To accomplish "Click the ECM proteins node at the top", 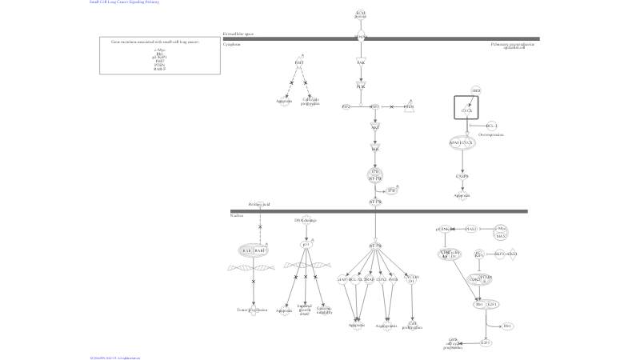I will click(361, 14).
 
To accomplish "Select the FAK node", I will click(361, 62).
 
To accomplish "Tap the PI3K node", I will click(361, 86).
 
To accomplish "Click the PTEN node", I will click(409, 106).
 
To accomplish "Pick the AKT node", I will click(374, 126).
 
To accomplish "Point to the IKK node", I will click(374, 148).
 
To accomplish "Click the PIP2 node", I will click(346, 106).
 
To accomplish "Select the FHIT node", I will click(299, 62).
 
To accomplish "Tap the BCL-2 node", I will click(491, 126).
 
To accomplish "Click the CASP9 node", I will click(462, 176).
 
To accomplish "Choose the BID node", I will click(476, 91).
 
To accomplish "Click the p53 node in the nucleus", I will click(305, 244).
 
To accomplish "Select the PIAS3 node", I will click(471, 229).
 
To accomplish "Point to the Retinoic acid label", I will click(259, 205).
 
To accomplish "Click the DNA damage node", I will click(305, 220).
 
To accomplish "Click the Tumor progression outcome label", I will click(254, 309).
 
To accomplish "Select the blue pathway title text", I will click(124, 2).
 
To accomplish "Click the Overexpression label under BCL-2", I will click(490, 135).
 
